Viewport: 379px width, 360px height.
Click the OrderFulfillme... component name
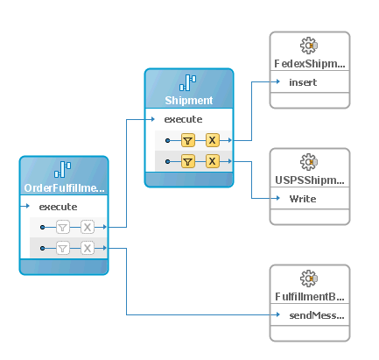(64, 187)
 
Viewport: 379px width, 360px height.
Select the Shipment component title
(188, 101)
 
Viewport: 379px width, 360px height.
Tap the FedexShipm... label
(309, 64)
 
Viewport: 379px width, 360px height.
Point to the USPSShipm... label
(309, 180)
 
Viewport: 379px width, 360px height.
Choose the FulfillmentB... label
(309, 298)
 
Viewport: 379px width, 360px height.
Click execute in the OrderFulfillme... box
(58, 207)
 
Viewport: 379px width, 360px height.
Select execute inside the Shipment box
(183, 119)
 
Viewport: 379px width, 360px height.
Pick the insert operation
(303, 82)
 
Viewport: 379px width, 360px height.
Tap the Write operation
(303, 199)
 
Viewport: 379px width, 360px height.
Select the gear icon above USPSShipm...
(308, 162)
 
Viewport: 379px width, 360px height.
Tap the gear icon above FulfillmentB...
(308, 279)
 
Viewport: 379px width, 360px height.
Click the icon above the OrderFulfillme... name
(64, 170)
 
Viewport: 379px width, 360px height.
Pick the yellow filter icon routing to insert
(187, 139)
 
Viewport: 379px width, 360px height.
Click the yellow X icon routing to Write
(212, 161)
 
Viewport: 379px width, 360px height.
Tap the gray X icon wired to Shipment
(88, 227)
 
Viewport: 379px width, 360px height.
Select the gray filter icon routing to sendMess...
(63, 249)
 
